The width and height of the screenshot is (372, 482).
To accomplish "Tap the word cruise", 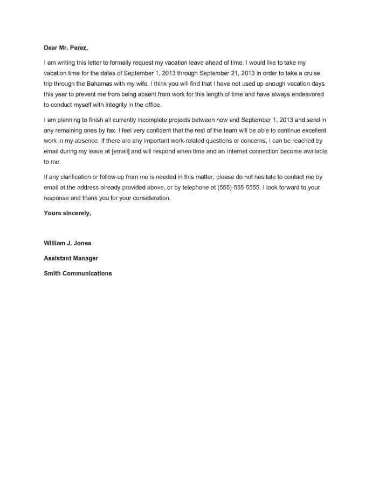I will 315,74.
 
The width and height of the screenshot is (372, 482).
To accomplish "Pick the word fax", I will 105,130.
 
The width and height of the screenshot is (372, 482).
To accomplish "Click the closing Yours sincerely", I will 67,213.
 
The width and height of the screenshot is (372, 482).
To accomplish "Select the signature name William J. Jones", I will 67,243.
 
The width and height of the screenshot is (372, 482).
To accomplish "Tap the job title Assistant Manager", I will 71,258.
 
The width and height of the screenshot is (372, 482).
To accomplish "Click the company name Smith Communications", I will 78,273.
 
